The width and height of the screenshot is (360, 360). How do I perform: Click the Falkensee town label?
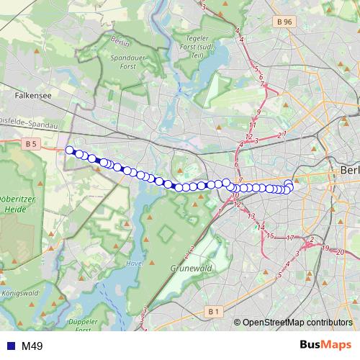click(30, 94)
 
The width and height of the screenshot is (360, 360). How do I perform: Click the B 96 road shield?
click(284, 22)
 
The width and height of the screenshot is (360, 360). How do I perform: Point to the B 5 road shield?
click(30, 144)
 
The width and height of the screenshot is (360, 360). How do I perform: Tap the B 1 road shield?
click(212, 311)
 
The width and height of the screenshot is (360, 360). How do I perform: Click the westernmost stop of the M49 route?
click(70, 150)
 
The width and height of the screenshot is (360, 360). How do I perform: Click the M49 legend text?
click(32, 346)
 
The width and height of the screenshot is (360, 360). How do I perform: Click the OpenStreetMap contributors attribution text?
click(297, 322)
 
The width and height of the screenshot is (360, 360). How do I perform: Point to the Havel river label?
click(134, 264)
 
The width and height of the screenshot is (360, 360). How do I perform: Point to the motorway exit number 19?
click(325, 248)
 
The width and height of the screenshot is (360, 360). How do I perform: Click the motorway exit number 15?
click(269, 235)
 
